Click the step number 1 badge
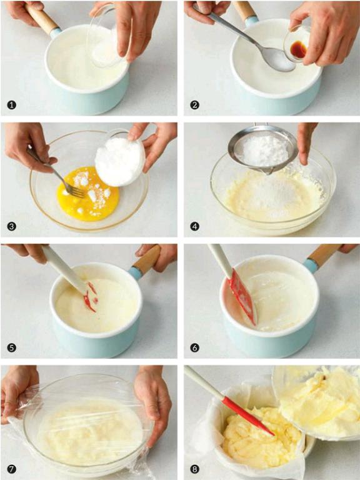[x=11, y=105]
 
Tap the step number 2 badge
[x=194, y=105]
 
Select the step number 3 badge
[x=11, y=226]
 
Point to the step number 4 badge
[x=194, y=226]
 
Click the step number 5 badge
[x=11, y=347]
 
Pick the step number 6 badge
[x=194, y=347]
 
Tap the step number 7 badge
[x=11, y=469]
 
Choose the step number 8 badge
[x=194, y=469]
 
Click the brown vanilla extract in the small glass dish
[x=299, y=49]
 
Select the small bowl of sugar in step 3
[x=120, y=158]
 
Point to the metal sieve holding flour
[x=262, y=147]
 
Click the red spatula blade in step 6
[x=242, y=296]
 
